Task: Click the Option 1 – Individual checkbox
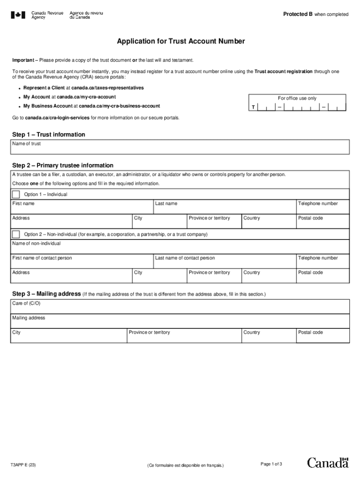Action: (16, 194)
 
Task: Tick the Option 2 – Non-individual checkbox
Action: (16, 234)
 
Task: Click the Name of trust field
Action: (180, 149)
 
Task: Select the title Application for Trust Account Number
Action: (180, 42)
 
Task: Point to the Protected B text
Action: (298, 14)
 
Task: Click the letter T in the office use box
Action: (253, 108)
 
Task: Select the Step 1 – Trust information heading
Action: (49, 135)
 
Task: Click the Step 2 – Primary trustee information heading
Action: (63, 166)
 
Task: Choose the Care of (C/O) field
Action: (180, 309)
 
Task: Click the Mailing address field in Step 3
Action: (180, 323)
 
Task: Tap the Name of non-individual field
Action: (180, 248)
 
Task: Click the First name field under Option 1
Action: (82, 209)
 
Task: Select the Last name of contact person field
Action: (225, 263)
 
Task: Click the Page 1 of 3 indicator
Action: (271, 464)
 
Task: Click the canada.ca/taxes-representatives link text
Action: (108, 88)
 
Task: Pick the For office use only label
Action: (297, 98)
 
